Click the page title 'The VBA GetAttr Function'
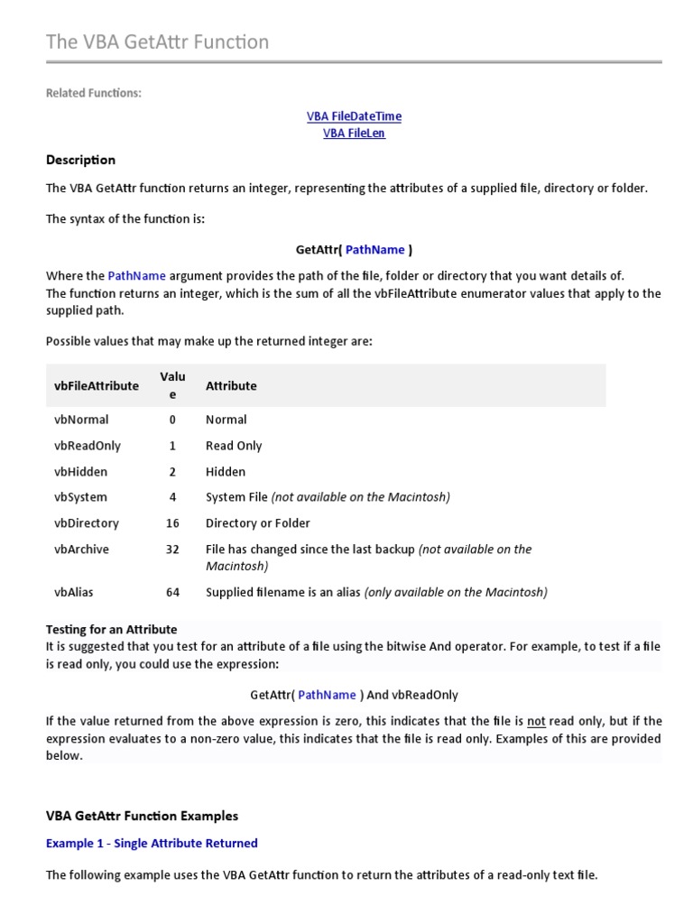[x=157, y=42]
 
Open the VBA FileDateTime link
[x=354, y=116]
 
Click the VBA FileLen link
[x=354, y=134]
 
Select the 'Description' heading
[x=80, y=160]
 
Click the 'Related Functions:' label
[x=94, y=93]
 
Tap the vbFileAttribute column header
[x=97, y=385]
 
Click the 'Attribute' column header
[x=231, y=385]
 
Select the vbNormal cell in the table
[x=81, y=420]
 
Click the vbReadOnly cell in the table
[x=88, y=446]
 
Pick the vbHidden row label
[x=80, y=472]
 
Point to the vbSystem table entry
[x=80, y=497]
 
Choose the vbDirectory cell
[x=87, y=523]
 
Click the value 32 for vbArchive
[x=172, y=550]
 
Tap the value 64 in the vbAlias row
[x=172, y=593]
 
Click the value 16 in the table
[x=172, y=523]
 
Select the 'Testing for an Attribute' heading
[x=111, y=629]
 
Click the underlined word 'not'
[x=536, y=721]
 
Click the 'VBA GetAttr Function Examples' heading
[x=142, y=816]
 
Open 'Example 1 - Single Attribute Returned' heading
[x=152, y=843]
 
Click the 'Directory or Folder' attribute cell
[x=258, y=523]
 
